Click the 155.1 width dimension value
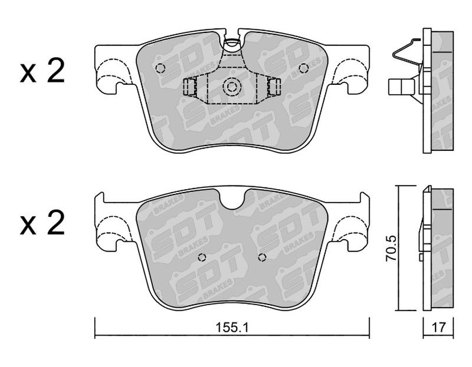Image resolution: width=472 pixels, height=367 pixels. coord(232,327)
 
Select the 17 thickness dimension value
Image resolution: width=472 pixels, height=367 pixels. coord(438,327)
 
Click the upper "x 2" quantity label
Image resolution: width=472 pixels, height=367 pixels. coord(42,71)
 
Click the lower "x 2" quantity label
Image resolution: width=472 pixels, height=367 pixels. coord(42,223)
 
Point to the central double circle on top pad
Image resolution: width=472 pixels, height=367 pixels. coord(232,87)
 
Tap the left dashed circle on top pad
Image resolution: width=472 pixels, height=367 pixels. coord(160,68)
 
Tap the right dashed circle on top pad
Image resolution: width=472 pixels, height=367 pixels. coord(303,68)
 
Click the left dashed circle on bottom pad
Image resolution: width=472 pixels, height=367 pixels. coord(202,257)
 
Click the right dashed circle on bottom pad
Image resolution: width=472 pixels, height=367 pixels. coord(262,257)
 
